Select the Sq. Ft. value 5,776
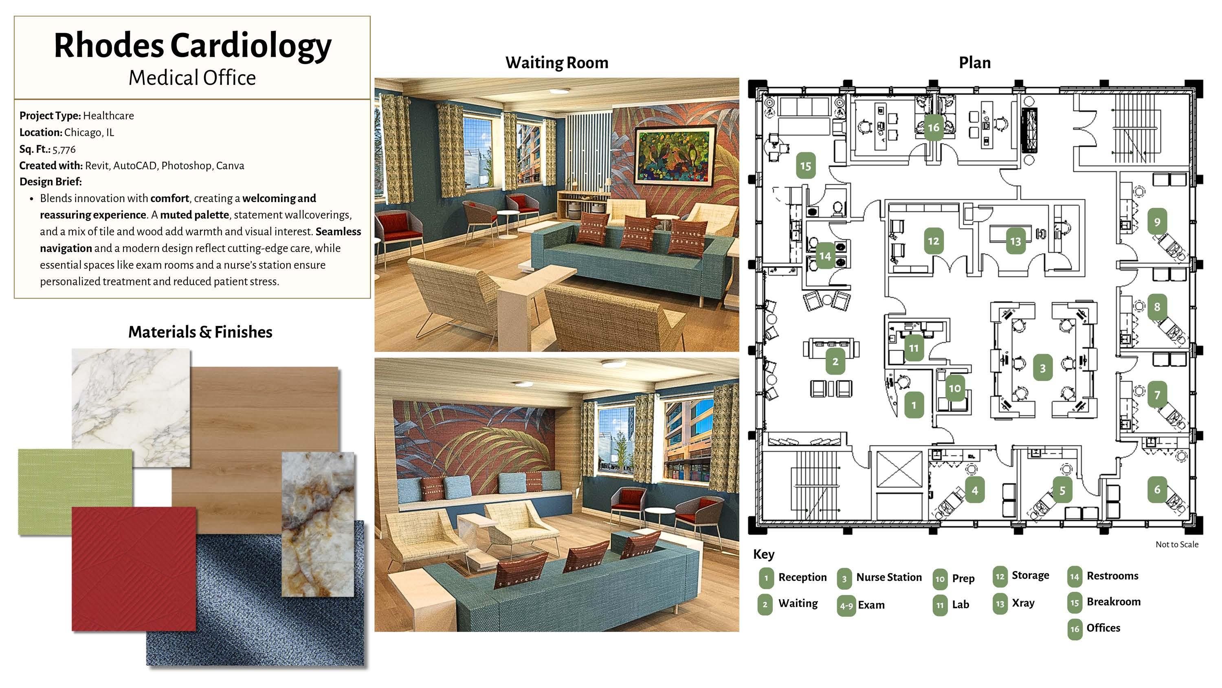(x=64, y=150)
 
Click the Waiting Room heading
(x=556, y=63)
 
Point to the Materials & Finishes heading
(x=200, y=332)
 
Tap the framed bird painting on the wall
(x=674, y=156)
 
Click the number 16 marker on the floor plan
(x=933, y=128)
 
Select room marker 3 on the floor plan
(x=1042, y=368)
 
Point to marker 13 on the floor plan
(x=1015, y=241)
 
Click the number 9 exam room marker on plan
(x=1157, y=222)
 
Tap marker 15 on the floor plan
(x=805, y=166)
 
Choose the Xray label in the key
(x=1023, y=603)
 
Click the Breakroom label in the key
(x=1113, y=602)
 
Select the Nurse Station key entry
(x=888, y=578)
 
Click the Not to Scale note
(x=1176, y=545)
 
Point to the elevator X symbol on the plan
(x=899, y=469)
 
